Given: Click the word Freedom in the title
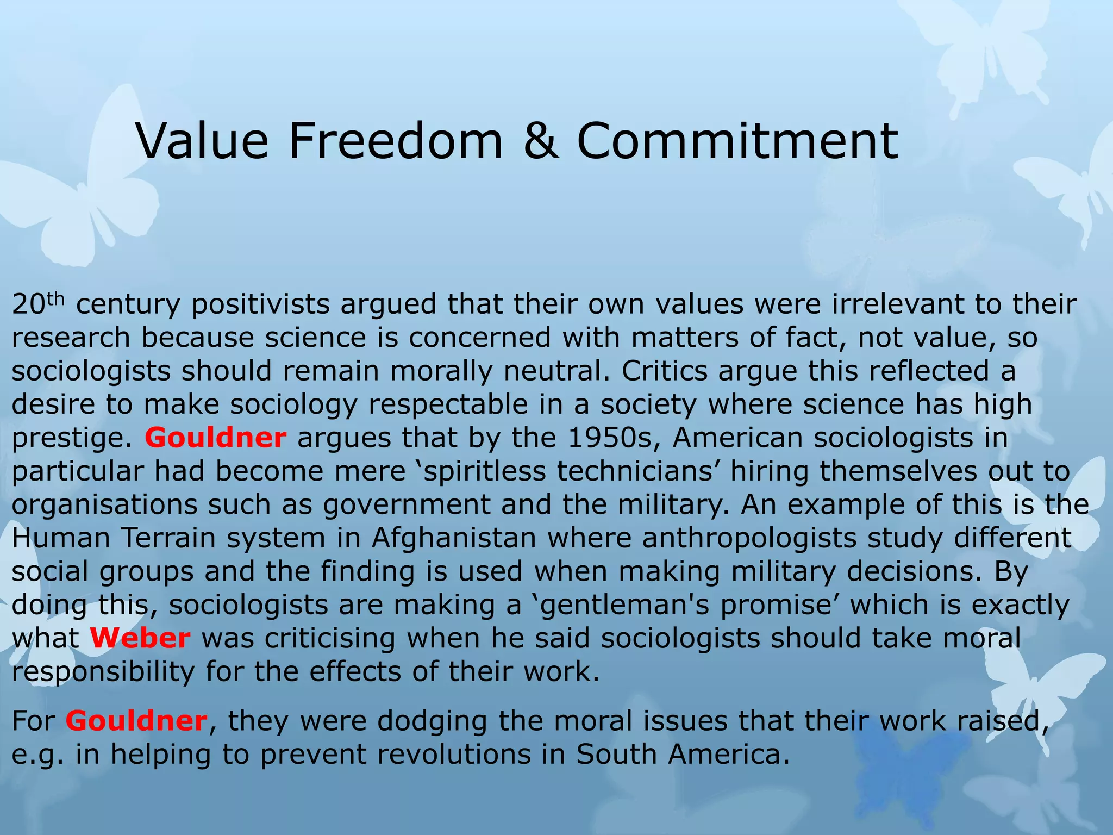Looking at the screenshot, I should (396, 141).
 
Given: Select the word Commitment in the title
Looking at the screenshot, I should (737, 141).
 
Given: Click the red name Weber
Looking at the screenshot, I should (140, 638).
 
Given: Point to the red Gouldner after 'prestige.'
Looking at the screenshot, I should (215, 438).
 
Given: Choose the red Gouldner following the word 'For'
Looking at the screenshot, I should (136, 721).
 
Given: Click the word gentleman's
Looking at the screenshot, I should (619, 605).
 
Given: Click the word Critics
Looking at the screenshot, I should (664, 371).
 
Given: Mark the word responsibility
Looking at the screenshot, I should (103, 672).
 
